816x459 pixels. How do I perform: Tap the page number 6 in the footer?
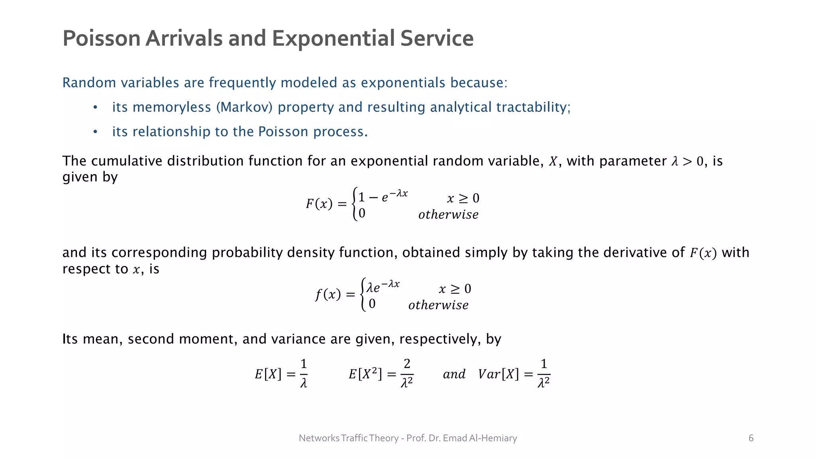[x=751, y=438]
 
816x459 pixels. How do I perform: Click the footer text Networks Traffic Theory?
[x=348, y=438]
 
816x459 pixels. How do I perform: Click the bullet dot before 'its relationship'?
[x=95, y=132]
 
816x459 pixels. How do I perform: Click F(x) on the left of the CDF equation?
[x=319, y=204]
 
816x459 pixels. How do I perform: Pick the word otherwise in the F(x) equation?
[x=448, y=215]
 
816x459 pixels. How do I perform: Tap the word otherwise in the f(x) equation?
[x=438, y=305]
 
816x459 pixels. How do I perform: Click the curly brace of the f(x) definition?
[x=363, y=294]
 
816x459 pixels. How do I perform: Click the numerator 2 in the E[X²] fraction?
[x=407, y=364]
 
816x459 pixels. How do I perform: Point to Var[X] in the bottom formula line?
[x=498, y=374]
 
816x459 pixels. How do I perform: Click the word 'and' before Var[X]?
[x=454, y=374]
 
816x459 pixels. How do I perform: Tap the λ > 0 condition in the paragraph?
[x=687, y=161]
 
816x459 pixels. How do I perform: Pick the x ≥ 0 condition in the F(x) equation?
[x=463, y=198]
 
